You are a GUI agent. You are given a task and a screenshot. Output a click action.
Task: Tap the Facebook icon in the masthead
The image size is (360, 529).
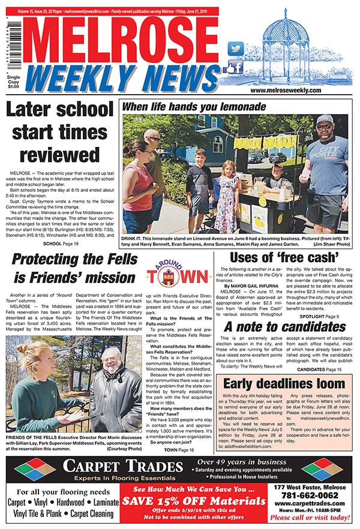click(236, 67)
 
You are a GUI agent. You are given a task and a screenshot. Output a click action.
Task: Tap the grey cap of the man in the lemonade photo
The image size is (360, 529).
click(324, 119)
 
